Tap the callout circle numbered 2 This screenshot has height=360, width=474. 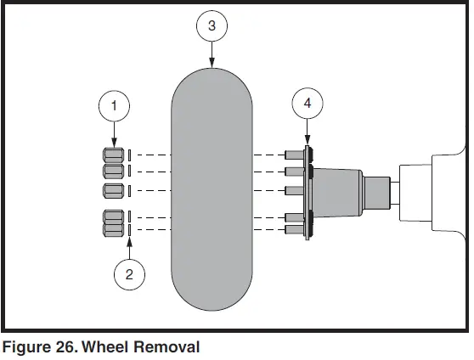[129, 273]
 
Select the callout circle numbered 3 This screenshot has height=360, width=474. [212, 26]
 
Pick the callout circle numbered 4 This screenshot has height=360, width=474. [307, 104]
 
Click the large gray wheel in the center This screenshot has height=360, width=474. [212, 191]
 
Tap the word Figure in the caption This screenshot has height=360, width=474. [27, 346]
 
